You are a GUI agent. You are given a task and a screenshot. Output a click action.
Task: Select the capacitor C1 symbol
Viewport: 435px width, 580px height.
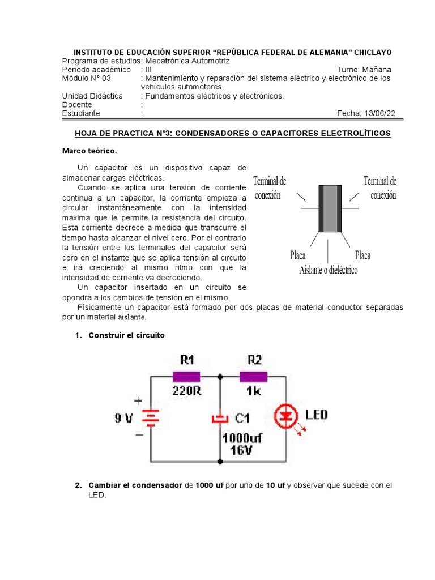pyautogui.click(x=219, y=419)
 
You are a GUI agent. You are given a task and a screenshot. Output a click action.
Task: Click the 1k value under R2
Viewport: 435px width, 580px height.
pyautogui.click(x=254, y=390)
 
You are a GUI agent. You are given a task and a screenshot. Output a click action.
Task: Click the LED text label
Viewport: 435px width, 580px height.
pyautogui.click(x=317, y=415)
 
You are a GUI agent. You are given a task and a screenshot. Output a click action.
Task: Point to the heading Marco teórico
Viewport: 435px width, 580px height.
pyautogui.click(x=89, y=151)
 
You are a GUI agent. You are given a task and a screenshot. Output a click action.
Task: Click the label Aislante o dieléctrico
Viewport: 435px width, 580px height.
pyautogui.click(x=328, y=270)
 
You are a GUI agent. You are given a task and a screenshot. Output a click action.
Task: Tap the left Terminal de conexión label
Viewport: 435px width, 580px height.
pyautogui.click(x=270, y=188)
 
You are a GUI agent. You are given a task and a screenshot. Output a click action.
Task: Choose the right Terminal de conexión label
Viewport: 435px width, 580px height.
pyautogui.click(x=380, y=188)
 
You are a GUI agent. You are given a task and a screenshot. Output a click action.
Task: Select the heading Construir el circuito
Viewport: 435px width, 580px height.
pyautogui.click(x=126, y=335)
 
